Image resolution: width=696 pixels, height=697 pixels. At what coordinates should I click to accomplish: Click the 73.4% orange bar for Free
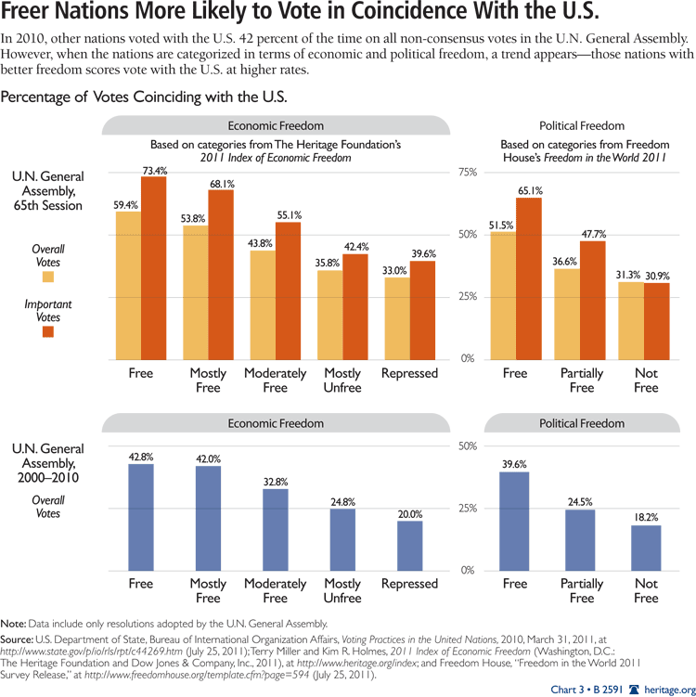click(x=153, y=267)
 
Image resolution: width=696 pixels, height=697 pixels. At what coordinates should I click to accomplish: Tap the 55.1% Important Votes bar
click(x=289, y=290)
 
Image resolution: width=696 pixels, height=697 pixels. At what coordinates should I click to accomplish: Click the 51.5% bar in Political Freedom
click(x=503, y=295)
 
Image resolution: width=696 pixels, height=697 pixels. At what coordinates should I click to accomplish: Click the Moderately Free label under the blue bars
click(x=276, y=590)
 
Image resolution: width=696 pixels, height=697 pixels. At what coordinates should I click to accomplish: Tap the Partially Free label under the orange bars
click(x=582, y=381)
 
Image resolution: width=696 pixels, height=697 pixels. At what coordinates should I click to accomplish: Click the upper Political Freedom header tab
click(x=582, y=125)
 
